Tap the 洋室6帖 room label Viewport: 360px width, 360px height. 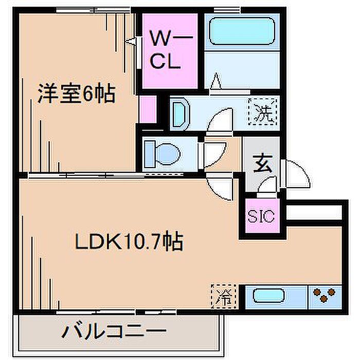pos(77,94)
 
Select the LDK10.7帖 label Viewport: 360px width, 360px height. pos(129,241)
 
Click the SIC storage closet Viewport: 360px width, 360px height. pos(261,215)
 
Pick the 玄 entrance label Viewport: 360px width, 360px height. pos(263,164)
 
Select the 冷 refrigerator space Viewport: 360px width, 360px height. pos(224,296)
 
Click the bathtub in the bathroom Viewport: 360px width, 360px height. pos(242,31)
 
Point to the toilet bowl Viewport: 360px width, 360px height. pos(168,154)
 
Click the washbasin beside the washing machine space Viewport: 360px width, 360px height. pos(180,114)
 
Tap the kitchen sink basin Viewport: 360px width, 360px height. pos(269,296)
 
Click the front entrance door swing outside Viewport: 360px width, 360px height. pos(296,174)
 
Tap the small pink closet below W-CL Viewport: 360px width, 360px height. pos(148,109)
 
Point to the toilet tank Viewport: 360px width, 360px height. pos(150,154)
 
